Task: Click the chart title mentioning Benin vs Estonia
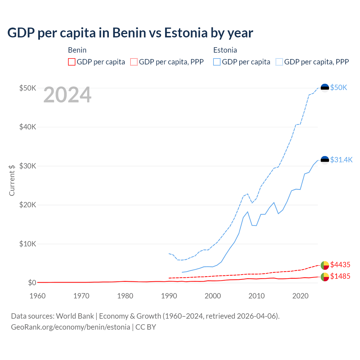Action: point(130,33)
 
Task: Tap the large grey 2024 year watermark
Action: point(67,95)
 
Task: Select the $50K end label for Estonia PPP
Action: point(339,87)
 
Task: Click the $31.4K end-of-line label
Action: point(341,160)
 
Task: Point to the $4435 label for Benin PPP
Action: point(340,265)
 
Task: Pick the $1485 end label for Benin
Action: point(340,276)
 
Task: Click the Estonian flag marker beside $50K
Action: point(325,88)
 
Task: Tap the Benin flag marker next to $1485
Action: point(325,277)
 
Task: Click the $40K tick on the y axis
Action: point(28,127)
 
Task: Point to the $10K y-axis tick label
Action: point(28,244)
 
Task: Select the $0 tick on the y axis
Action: point(32,283)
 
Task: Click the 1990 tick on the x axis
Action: point(169,296)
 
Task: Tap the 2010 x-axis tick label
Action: point(256,296)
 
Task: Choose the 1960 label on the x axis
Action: point(38,296)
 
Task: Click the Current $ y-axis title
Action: point(12,180)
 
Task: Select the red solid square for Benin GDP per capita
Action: point(72,62)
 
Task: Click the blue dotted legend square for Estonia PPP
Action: point(279,62)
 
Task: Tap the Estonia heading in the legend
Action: point(225,50)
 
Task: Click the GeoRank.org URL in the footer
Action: point(71,327)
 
